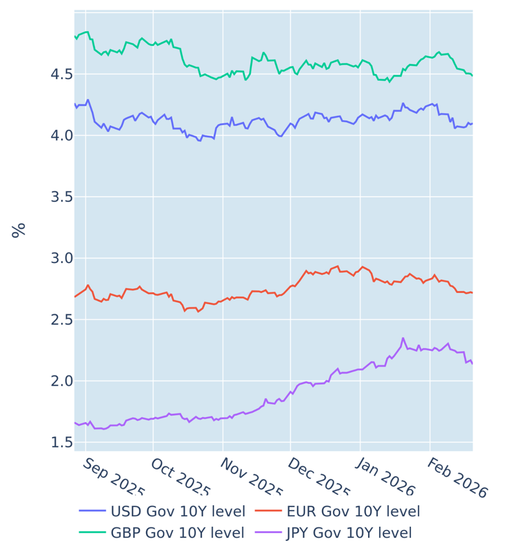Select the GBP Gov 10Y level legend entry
(178, 533)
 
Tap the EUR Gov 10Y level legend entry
(353, 511)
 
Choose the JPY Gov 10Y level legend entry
(349, 533)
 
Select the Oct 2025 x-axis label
(181, 479)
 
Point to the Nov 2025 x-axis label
(251, 479)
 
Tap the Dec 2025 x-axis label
(319, 479)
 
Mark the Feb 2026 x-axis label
(457, 479)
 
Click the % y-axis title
(19, 230)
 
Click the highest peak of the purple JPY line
(403, 338)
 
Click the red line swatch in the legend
(267, 511)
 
